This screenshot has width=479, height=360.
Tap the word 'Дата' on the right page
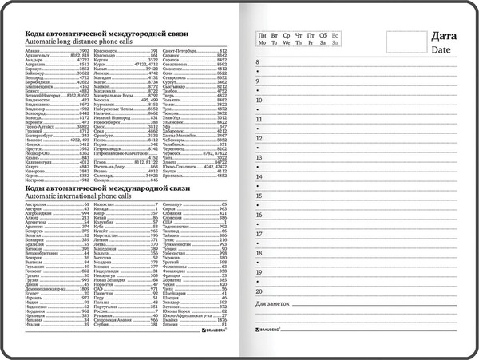(x=444, y=36)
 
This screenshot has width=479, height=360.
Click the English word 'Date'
(x=441, y=49)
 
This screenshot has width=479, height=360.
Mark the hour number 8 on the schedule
(x=258, y=61)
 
